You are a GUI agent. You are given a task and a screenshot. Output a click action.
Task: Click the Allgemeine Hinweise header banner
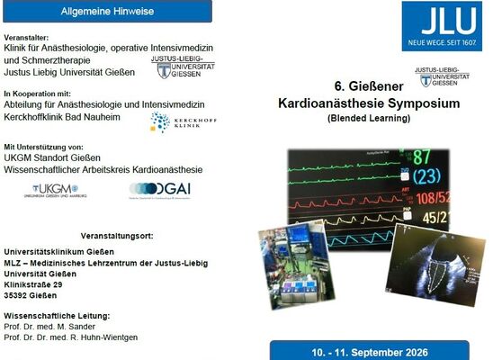point(107,11)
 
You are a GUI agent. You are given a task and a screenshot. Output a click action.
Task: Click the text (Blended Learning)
point(369,119)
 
